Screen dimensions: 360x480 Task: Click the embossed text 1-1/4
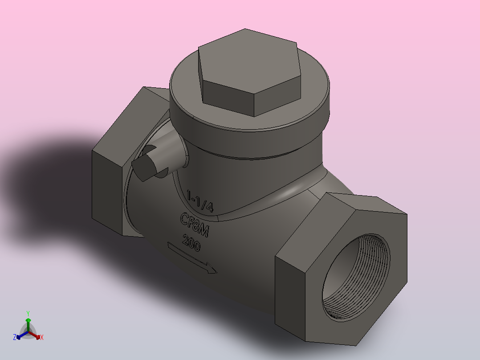pyautogui.click(x=200, y=201)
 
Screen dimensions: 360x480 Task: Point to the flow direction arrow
pyautogui.click(x=191, y=257)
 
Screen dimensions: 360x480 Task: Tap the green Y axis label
pyautogui.click(x=28, y=313)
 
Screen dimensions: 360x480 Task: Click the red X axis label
pyautogui.click(x=42, y=338)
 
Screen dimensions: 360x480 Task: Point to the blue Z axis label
pyautogui.click(x=15, y=337)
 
